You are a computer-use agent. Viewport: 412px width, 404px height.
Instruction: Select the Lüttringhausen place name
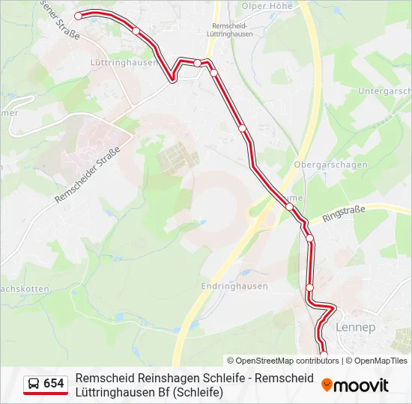(124, 63)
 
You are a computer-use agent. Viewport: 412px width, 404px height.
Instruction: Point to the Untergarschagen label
(384, 91)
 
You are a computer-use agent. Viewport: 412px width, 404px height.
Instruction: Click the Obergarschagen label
(330, 165)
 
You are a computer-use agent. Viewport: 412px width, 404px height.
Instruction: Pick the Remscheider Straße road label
(87, 175)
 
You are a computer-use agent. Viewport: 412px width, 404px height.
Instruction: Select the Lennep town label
(356, 328)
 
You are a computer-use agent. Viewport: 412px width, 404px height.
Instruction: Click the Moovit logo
(355, 385)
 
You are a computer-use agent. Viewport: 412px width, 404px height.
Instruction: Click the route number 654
(54, 384)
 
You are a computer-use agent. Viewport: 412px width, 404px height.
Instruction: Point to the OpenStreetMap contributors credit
(283, 361)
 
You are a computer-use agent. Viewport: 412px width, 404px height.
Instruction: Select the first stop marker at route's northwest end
(78, 15)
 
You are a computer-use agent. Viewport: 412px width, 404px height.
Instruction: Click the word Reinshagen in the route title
(170, 378)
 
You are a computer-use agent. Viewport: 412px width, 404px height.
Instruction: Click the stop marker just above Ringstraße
(289, 206)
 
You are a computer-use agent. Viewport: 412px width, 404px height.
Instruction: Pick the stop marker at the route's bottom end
(324, 355)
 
